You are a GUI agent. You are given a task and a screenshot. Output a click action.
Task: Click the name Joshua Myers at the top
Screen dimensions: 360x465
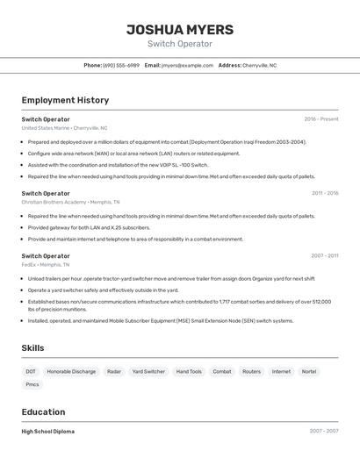180,29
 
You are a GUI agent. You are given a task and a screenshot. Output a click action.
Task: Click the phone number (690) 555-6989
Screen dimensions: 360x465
121,65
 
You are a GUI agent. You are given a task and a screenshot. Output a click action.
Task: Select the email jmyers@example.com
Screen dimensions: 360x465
186,65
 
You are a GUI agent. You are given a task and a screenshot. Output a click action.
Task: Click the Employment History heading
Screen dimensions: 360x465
65,100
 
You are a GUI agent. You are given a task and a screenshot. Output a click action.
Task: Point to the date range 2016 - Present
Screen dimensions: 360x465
320,119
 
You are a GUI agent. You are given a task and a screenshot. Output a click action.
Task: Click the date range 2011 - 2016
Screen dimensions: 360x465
324,193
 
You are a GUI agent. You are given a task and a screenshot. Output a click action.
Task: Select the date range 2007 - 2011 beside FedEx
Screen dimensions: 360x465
324,256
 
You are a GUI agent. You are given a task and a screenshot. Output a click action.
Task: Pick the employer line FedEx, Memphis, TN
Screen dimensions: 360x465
46,264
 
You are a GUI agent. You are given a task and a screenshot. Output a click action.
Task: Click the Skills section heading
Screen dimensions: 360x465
32,348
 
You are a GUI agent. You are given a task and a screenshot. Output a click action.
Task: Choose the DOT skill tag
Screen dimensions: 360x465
31,371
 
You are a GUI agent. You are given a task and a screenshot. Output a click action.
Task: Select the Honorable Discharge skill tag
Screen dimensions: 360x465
71,371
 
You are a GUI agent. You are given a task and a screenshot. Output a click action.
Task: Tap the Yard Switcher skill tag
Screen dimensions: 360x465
148,371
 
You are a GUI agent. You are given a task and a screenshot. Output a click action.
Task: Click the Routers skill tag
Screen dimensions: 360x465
251,371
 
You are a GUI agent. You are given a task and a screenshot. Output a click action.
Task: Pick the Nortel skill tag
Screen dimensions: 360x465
308,371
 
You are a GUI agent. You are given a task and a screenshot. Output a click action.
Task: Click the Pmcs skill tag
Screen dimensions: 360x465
32,384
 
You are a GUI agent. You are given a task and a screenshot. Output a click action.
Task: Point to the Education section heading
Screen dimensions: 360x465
43,411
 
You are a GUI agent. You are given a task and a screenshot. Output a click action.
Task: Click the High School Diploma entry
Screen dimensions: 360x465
48,432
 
